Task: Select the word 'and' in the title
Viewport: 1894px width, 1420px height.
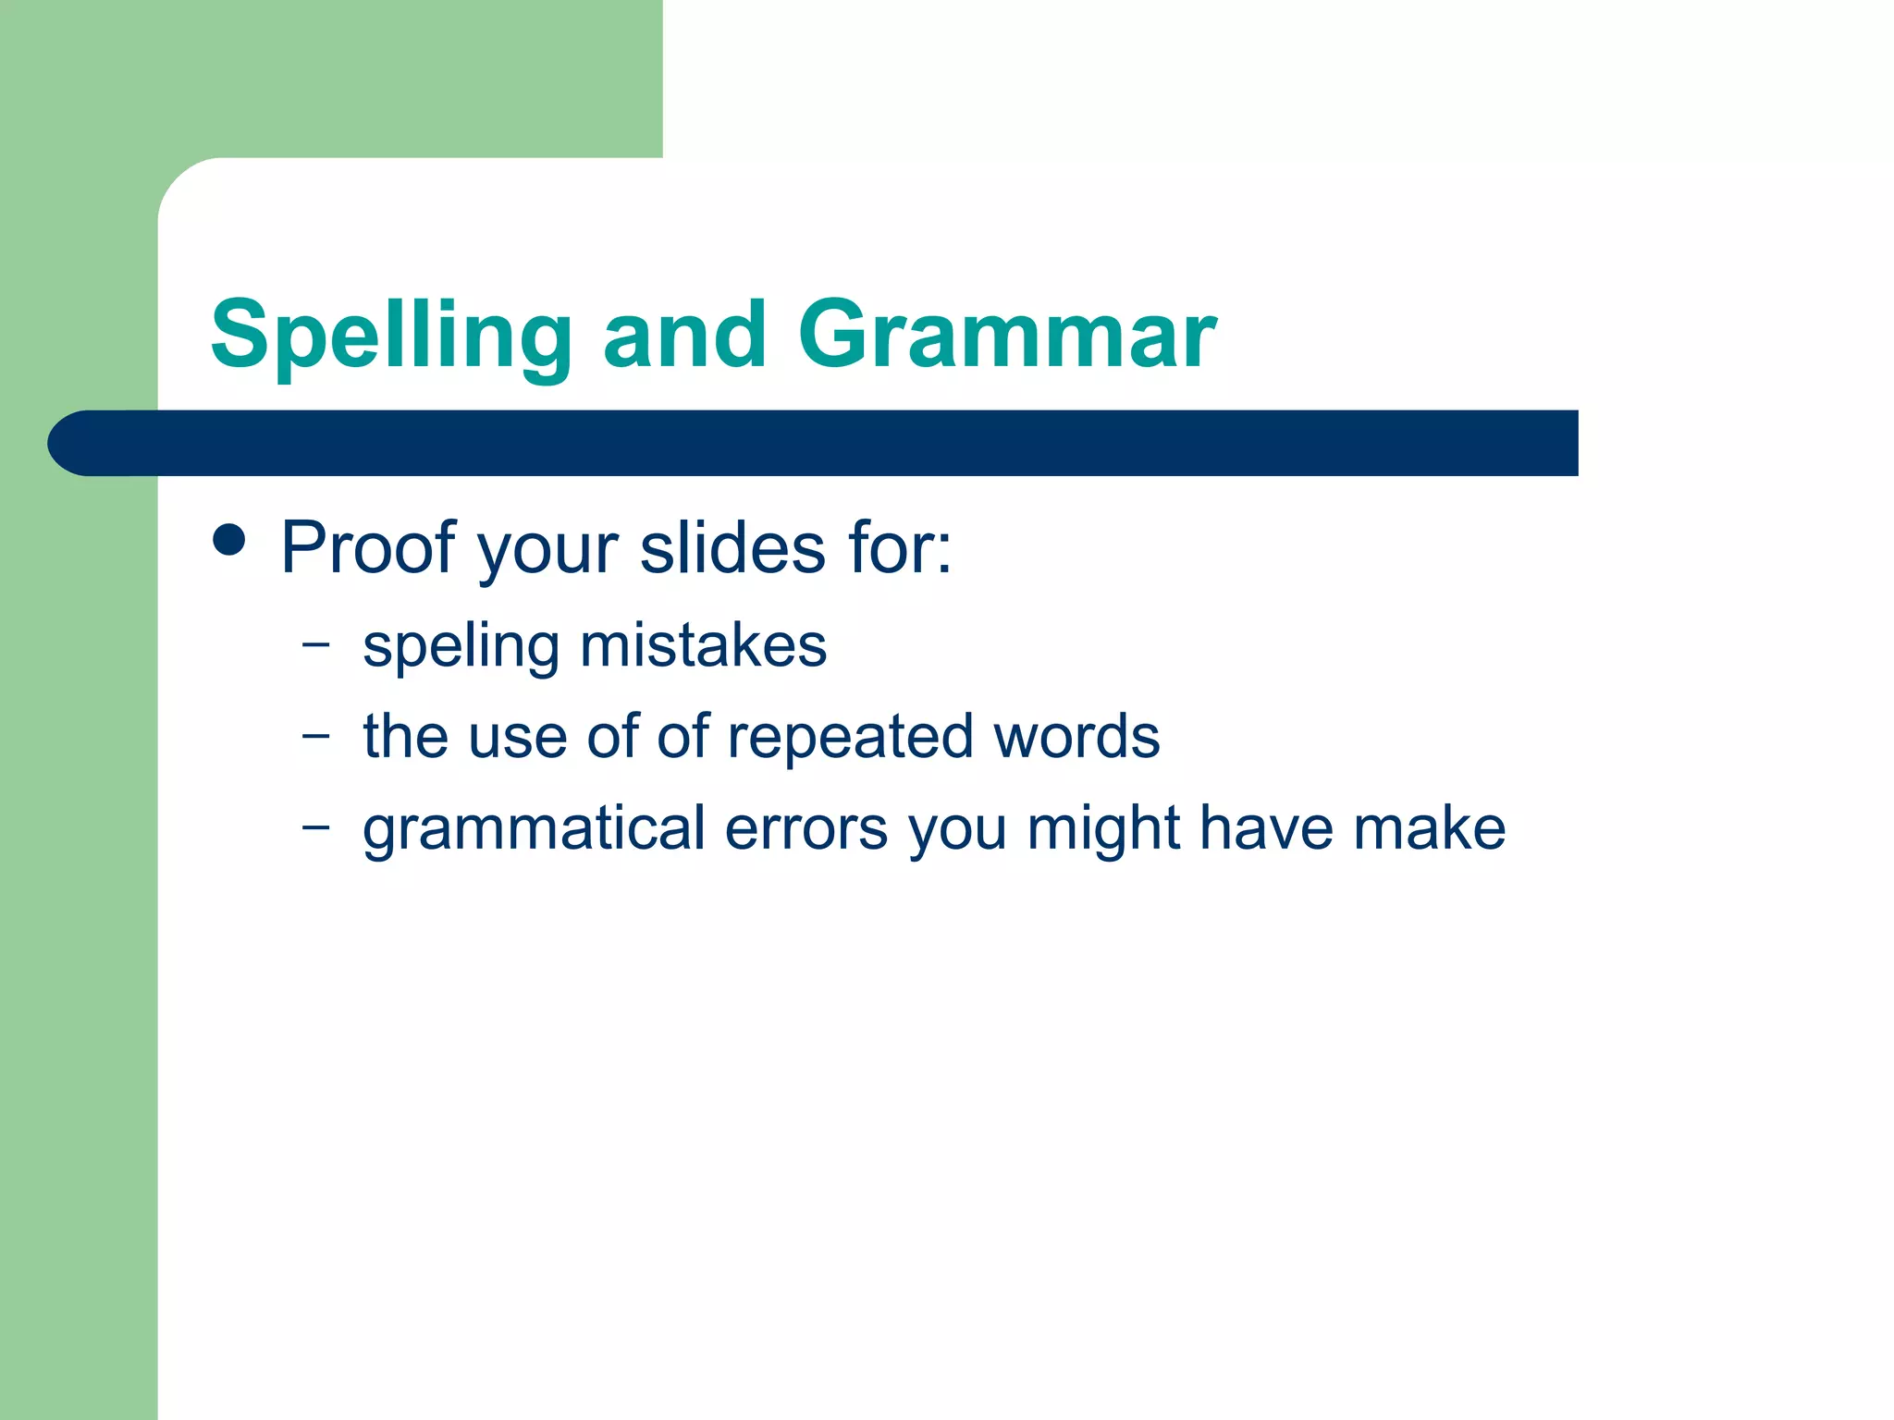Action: (684, 335)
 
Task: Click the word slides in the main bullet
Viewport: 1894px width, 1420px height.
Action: (732, 547)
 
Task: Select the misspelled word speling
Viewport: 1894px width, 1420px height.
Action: (461, 646)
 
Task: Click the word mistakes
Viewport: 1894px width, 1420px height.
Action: (703, 644)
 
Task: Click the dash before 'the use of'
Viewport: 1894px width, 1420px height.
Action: (315, 736)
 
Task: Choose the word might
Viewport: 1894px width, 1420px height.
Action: (1103, 828)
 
